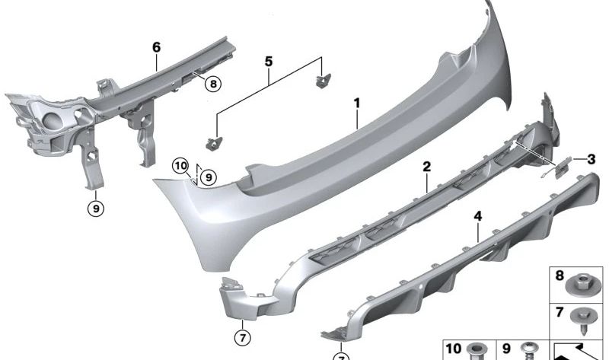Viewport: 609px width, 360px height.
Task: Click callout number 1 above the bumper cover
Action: tap(356, 101)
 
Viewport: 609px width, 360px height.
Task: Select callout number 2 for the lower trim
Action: tap(427, 167)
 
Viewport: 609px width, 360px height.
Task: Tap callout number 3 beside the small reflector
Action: tap(590, 160)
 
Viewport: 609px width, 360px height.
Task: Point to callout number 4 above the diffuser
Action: tap(477, 217)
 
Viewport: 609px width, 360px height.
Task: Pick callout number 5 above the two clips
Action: tap(266, 59)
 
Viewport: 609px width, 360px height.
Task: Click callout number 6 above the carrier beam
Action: tap(156, 47)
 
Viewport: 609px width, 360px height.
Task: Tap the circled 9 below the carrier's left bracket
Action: tap(95, 205)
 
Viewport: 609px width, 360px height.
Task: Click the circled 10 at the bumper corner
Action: tap(180, 165)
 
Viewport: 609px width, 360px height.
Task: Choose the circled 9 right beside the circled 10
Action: tap(208, 177)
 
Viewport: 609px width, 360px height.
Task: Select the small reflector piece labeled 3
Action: tap(563, 167)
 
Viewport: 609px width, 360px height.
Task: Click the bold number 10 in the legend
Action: tap(454, 348)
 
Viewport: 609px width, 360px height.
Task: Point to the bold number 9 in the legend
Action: tap(505, 348)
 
